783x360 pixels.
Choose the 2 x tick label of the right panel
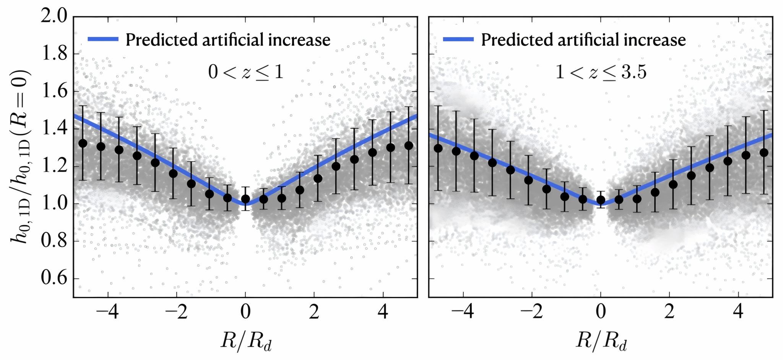point(669,313)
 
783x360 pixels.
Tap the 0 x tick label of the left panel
point(245,313)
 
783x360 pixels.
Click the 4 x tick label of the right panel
point(738,313)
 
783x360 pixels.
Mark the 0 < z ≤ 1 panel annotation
point(246,72)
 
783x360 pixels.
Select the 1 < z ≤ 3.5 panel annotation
point(601,72)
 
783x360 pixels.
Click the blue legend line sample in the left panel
point(103,39)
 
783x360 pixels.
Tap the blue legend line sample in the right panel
point(458,39)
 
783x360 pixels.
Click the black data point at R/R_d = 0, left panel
point(245,199)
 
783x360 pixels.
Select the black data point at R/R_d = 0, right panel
point(601,200)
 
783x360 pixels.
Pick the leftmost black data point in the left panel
point(83,143)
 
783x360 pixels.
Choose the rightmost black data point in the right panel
point(764,152)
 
